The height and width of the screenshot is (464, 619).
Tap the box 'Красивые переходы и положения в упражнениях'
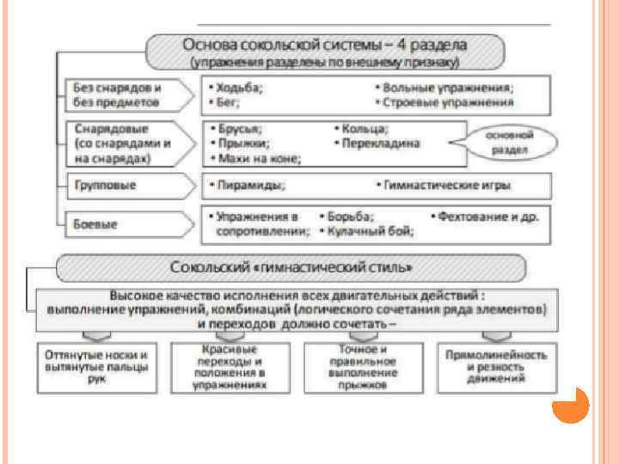[x=228, y=368]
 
